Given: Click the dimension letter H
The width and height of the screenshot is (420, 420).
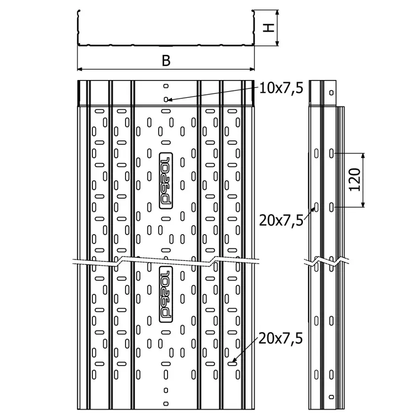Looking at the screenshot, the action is [269, 28].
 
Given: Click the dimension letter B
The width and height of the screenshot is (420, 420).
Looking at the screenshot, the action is [166, 61].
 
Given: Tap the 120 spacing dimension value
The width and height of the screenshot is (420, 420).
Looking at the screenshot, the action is [355, 179].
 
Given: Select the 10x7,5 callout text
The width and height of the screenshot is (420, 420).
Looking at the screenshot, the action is [281, 88].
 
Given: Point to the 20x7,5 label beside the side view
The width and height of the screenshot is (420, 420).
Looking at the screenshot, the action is [281, 220].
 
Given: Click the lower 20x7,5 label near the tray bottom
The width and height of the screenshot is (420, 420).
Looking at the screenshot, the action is [281, 338].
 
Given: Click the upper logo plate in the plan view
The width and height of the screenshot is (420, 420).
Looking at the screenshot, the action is [166, 181].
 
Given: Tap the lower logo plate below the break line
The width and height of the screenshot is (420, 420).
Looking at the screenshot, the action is [166, 294].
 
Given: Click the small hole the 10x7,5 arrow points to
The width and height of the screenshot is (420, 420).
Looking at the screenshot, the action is [166, 100].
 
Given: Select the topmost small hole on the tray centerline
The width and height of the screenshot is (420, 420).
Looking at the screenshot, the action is [166, 86].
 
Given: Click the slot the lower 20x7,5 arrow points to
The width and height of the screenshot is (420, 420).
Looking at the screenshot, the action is [232, 364].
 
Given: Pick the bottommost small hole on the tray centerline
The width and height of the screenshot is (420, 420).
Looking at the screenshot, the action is [166, 404].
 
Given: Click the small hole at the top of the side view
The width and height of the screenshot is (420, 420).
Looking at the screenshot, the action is [332, 93].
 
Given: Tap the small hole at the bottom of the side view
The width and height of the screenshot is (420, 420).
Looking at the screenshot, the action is [332, 397].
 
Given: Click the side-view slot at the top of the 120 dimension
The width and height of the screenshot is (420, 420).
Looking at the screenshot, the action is [332, 154].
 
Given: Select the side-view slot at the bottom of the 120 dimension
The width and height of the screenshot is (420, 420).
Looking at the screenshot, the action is [332, 207].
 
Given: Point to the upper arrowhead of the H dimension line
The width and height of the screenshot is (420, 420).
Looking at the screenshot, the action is [278, 12].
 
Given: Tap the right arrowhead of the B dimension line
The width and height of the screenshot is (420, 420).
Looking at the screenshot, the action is [252, 69].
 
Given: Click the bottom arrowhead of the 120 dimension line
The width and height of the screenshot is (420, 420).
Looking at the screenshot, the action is [363, 205].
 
